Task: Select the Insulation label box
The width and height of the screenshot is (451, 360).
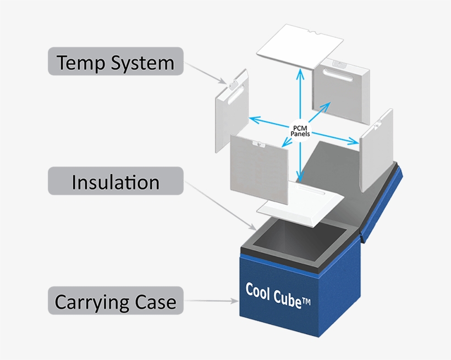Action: (115, 181)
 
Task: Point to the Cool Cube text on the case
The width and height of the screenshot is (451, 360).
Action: (274, 292)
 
